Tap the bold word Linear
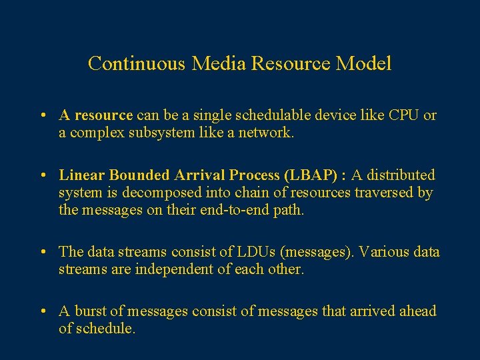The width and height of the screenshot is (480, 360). click(82, 175)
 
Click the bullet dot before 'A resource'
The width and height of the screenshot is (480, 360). click(42, 116)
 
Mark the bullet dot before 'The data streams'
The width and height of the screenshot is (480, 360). click(42, 253)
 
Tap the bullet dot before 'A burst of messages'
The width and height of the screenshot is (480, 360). click(42, 312)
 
